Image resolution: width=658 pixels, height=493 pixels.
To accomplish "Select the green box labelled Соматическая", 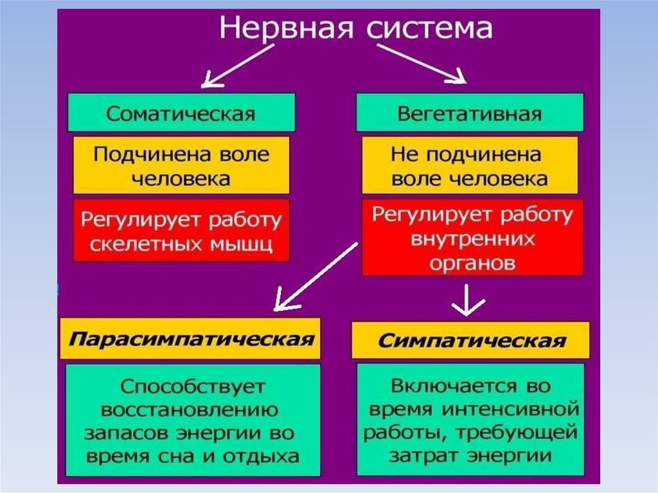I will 181,113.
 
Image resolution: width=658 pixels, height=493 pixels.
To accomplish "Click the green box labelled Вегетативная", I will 470,113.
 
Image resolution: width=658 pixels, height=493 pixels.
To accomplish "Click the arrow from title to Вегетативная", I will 421,64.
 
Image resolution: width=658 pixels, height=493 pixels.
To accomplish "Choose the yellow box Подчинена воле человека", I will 181,165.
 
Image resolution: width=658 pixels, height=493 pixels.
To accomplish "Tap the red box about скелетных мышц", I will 181,231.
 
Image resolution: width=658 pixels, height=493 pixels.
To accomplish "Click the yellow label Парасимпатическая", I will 190,338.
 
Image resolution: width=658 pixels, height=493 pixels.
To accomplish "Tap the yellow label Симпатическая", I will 471,340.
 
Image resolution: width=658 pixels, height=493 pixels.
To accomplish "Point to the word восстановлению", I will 190,410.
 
